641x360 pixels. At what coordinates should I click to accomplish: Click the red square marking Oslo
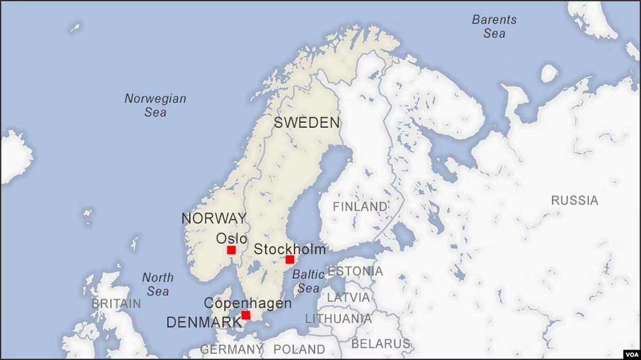click(x=231, y=250)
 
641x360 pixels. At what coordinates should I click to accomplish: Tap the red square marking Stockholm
click(x=290, y=260)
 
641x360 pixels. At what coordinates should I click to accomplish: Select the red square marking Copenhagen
click(x=246, y=315)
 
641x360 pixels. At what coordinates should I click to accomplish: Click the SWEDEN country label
click(x=307, y=123)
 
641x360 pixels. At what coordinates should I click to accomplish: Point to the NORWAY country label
click(x=214, y=218)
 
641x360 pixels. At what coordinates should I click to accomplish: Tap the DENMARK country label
click(x=204, y=323)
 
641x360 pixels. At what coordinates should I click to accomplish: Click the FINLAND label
click(x=360, y=206)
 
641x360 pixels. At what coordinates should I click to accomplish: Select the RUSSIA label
click(x=574, y=200)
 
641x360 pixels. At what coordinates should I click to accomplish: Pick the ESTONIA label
click(x=355, y=271)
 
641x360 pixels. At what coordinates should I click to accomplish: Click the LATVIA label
click(x=348, y=297)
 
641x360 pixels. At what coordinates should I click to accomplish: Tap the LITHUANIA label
click(x=338, y=319)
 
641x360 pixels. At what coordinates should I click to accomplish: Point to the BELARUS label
click(x=380, y=343)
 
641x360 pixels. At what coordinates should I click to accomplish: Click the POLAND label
click(x=299, y=349)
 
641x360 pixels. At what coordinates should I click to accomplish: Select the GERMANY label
click(x=231, y=349)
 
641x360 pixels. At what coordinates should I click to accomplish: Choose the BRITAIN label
click(x=116, y=303)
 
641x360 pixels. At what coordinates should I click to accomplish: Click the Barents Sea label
click(x=494, y=26)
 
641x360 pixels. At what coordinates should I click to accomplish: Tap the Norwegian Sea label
click(x=155, y=105)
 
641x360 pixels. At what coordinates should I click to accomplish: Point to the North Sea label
click(x=158, y=284)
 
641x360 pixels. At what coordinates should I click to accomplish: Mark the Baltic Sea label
click(x=309, y=281)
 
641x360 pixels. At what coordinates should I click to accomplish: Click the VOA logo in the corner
click(x=630, y=354)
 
